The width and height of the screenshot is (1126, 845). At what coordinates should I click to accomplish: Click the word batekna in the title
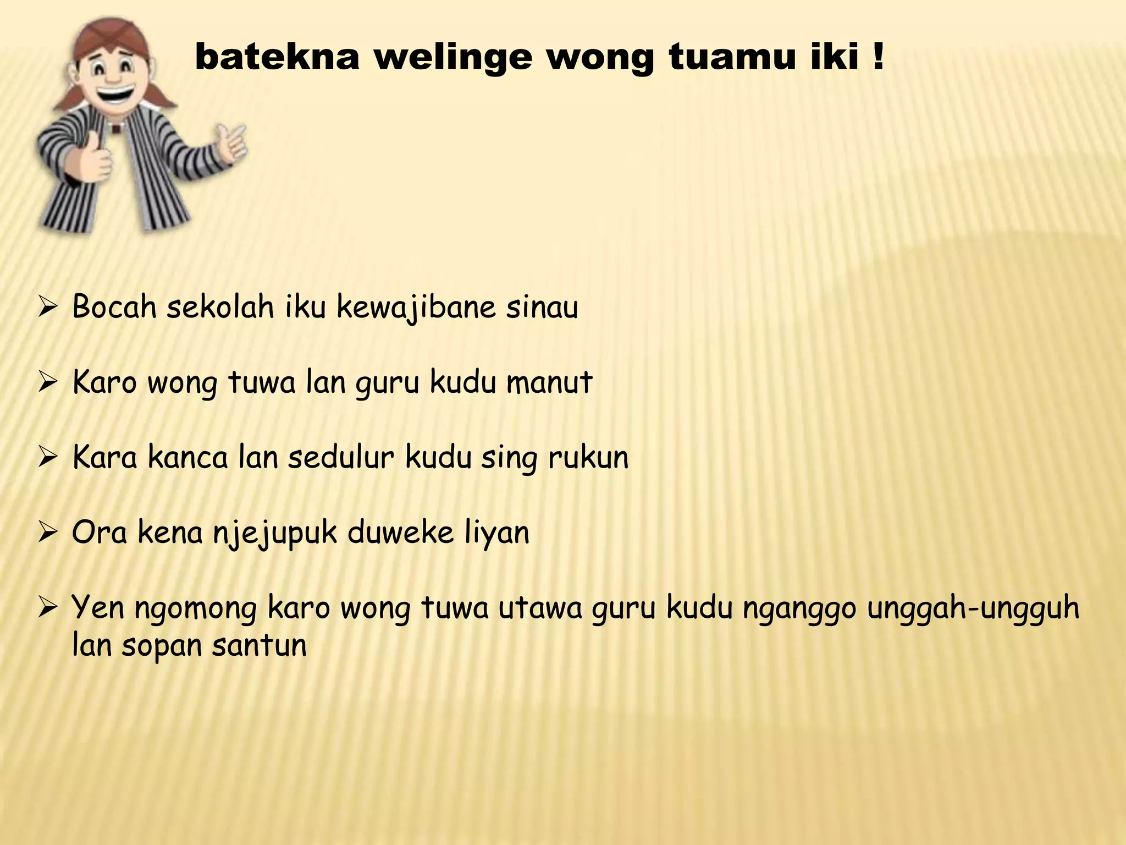(277, 57)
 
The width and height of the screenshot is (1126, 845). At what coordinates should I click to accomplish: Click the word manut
(549, 382)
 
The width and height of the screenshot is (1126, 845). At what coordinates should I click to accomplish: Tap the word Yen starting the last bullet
(98, 608)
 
